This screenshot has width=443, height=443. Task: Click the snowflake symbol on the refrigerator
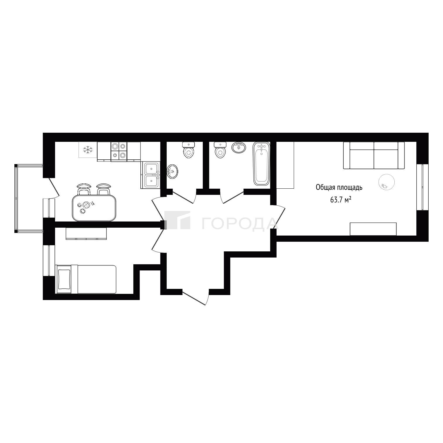click(87, 150)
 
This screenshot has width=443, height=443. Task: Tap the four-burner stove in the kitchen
click(119, 151)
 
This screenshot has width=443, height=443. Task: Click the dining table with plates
click(94, 208)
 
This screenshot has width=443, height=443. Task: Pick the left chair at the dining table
click(84, 189)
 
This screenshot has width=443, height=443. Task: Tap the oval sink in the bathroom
click(239, 147)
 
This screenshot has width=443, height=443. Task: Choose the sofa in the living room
click(374, 155)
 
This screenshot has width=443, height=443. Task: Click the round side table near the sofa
click(386, 182)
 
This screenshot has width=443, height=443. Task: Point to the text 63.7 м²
click(341, 200)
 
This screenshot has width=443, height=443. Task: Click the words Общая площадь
click(339, 188)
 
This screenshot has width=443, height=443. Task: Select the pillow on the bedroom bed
click(64, 279)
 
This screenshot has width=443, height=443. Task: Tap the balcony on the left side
click(29, 198)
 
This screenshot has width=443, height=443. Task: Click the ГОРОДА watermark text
click(239, 223)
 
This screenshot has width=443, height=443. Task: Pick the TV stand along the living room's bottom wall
click(373, 229)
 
